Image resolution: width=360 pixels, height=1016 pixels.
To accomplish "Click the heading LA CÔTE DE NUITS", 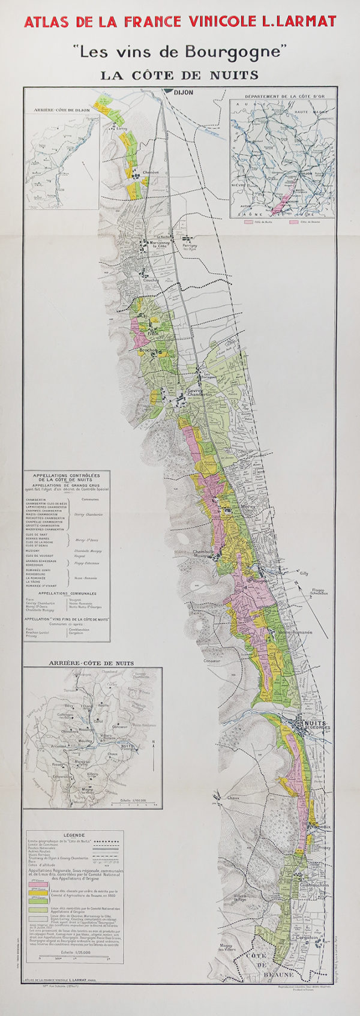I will click(x=179, y=75).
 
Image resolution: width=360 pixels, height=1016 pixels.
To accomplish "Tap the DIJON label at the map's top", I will click(x=183, y=93).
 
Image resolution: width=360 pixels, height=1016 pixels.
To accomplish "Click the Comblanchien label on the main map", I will click(x=314, y=885).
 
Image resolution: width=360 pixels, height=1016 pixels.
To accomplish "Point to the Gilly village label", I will click(x=304, y=573).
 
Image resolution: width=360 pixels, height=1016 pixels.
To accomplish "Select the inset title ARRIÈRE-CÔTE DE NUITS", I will click(x=91, y=663).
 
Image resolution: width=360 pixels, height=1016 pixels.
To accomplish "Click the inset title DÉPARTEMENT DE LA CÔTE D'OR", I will click(x=283, y=95).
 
